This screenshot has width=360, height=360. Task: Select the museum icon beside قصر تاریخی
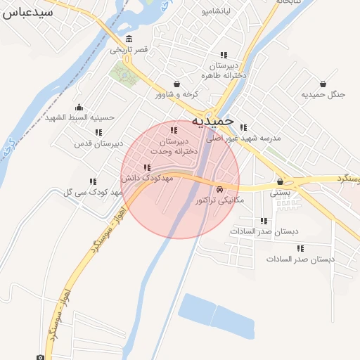click(129, 39)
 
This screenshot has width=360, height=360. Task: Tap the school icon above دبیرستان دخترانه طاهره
click(224, 55)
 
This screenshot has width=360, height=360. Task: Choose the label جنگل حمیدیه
click(323, 94)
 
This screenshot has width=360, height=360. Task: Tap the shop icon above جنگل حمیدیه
click(323, 84)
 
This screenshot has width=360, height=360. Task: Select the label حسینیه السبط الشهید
click(79, 117)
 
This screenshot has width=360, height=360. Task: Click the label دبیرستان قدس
click(98, 143)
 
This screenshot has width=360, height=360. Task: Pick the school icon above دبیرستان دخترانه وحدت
click(174, 130)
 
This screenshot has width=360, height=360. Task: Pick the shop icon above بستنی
click(280, 181)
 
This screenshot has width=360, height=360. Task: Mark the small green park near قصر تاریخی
click(127, 75)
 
